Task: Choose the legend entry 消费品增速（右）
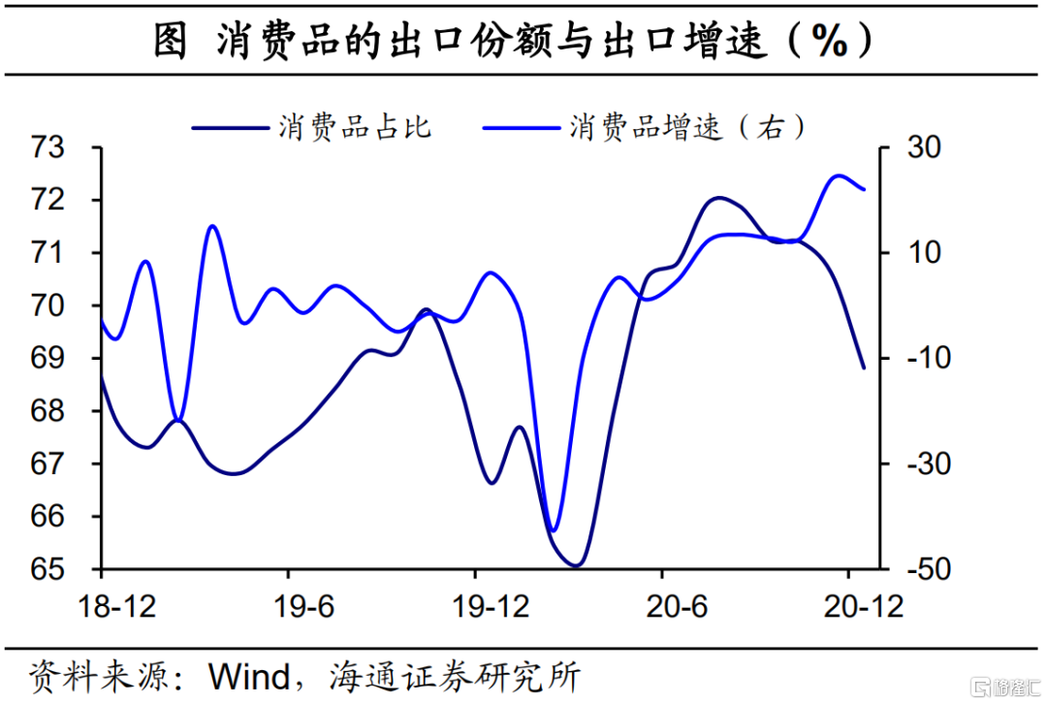pos(687,127)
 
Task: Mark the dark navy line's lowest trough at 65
pos(576,565)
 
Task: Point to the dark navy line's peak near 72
pos(718,198)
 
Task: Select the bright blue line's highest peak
pos(839,176)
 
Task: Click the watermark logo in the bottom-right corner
pos(1007,687)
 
